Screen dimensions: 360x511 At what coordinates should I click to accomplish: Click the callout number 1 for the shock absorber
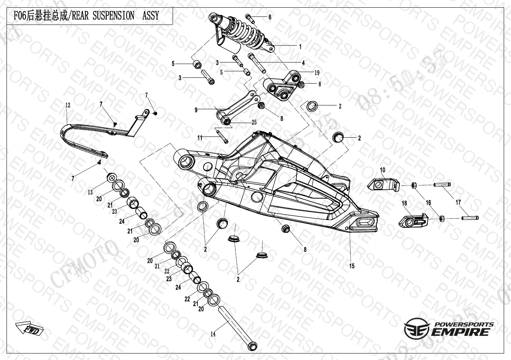click(300, 47)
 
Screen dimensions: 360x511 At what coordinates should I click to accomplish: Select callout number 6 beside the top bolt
click(270, 17)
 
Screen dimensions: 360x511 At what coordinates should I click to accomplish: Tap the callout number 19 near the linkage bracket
click(317, 72)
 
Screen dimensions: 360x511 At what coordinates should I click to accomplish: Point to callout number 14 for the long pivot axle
click(213, 334)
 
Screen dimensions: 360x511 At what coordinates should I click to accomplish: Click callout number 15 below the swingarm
click(352, 266)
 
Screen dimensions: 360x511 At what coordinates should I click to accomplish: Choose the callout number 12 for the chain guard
click(68, 105)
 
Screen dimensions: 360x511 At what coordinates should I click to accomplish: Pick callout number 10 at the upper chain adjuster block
click(382, 170)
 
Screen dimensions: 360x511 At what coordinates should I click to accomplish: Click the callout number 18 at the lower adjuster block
click(404, 203)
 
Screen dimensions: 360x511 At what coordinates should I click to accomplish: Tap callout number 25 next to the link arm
click(254, 123)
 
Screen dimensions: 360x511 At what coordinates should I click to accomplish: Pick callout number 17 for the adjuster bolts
click(458, 202)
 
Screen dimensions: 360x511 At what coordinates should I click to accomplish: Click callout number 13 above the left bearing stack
click(90, 192)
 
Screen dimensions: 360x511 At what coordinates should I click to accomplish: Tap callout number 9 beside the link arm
click(196, 110)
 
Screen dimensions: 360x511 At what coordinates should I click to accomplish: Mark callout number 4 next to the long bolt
click(303, 63)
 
